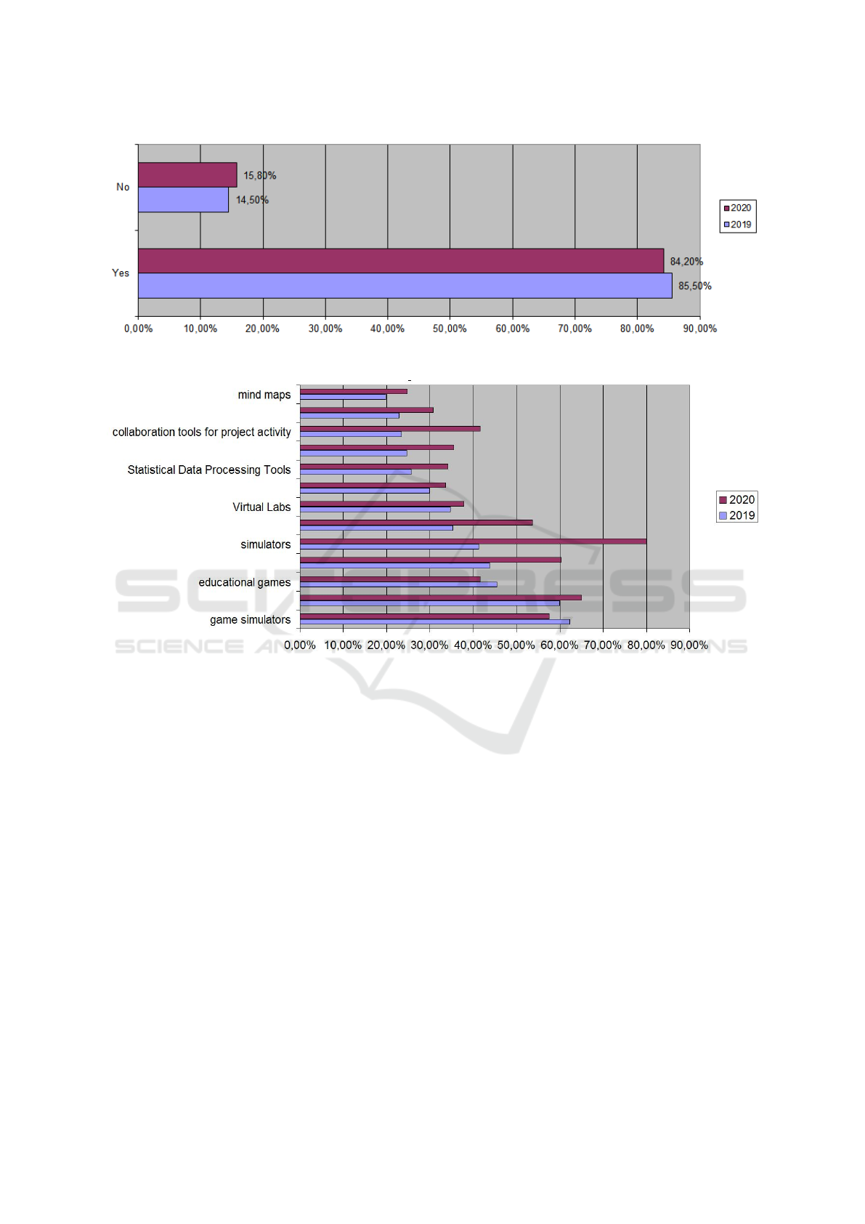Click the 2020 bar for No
187,175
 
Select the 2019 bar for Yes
405,286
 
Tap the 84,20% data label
686,262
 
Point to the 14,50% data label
252,200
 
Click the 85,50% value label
695,286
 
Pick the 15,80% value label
259,176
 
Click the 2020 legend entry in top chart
737,208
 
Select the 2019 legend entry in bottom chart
737,515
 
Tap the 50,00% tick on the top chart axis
450,329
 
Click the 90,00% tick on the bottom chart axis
689,645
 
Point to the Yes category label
121,273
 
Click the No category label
123,188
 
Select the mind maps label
264,395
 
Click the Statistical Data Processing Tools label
209,470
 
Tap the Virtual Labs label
261,507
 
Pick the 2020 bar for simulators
473,541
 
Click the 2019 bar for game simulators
434,622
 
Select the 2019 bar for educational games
398,584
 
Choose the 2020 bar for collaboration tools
390,429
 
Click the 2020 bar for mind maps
354,391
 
